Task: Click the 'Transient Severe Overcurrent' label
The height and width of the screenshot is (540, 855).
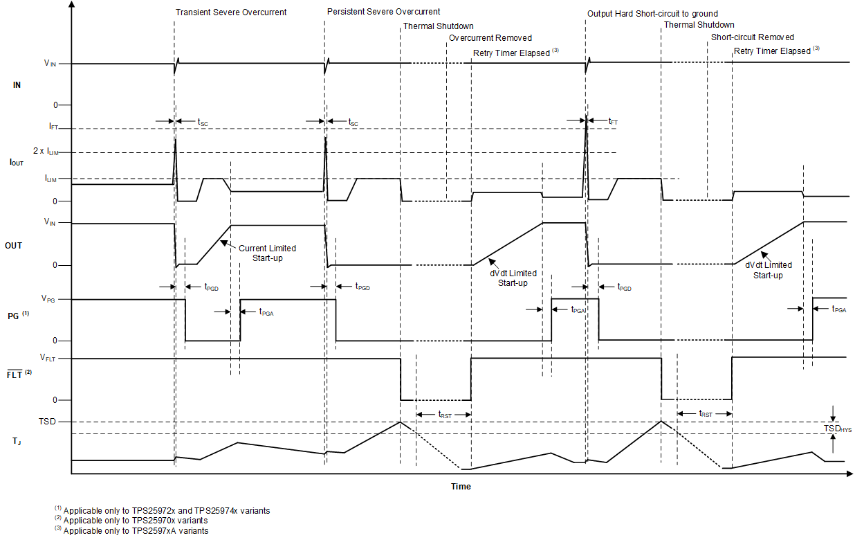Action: click(x=231, y=12)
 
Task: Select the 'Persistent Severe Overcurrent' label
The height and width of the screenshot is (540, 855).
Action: click(x=383, y=12)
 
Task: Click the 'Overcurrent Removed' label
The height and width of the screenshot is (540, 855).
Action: click(x=490, y=38)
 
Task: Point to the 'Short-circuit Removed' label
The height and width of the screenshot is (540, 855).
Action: click(x=753, y=37)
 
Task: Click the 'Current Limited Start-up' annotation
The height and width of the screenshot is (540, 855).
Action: click(x=267, y=253)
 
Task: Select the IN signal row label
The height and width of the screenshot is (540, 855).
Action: click(x=17, y=84)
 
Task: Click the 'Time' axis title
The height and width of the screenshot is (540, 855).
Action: click(x=461, y=487)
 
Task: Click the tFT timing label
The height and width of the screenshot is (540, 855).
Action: click(x=613, y=121)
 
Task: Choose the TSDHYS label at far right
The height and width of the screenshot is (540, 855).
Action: click(x=838, y=429)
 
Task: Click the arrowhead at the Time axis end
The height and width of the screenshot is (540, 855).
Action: click(x=849, y=474)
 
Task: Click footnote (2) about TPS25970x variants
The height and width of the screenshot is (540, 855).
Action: click(x=131, y=520)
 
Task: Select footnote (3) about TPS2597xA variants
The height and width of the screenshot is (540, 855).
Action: click(x=131, y=530)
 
